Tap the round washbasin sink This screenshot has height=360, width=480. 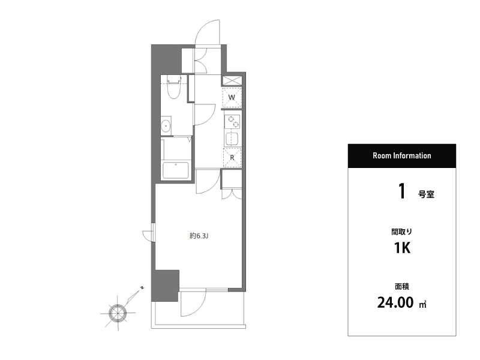tap(166, 125)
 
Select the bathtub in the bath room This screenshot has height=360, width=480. tap(176, 170)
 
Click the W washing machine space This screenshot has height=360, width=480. tap(232, 97)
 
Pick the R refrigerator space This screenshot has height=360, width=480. tap(232, 157)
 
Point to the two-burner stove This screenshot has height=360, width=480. tap(232, 122)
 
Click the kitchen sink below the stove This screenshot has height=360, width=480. tap(232, 139)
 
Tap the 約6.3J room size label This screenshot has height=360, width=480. tap(199, 236)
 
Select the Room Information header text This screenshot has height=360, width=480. tap(401, 155)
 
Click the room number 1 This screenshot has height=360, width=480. tap(402, 191)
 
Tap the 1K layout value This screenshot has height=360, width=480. tap(402, 248)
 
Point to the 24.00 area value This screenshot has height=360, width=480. tap(395, 302)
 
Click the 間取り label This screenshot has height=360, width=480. tap(401, 232)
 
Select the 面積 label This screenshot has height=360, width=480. tap(402, 287)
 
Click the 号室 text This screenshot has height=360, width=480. tap(426, 194)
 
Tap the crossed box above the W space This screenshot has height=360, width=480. tap(232, 81)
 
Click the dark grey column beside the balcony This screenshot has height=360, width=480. tap(165, 286)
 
